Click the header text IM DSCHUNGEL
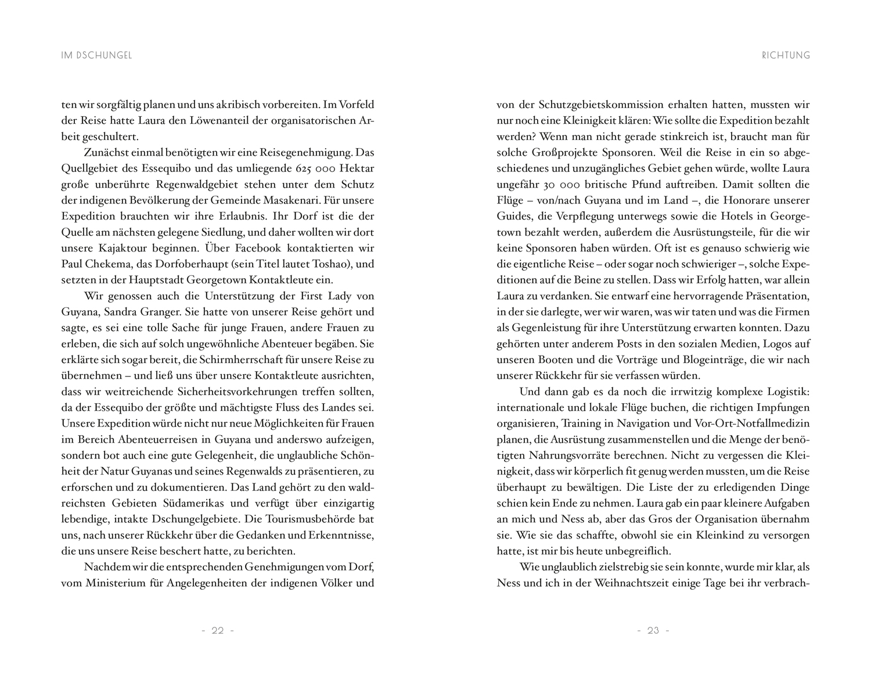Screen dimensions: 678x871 tap(97, 56)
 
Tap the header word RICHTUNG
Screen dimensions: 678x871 tap(786, 56)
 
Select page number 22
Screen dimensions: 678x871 tap(218, 630)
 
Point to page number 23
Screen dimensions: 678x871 tap(653, 630)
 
